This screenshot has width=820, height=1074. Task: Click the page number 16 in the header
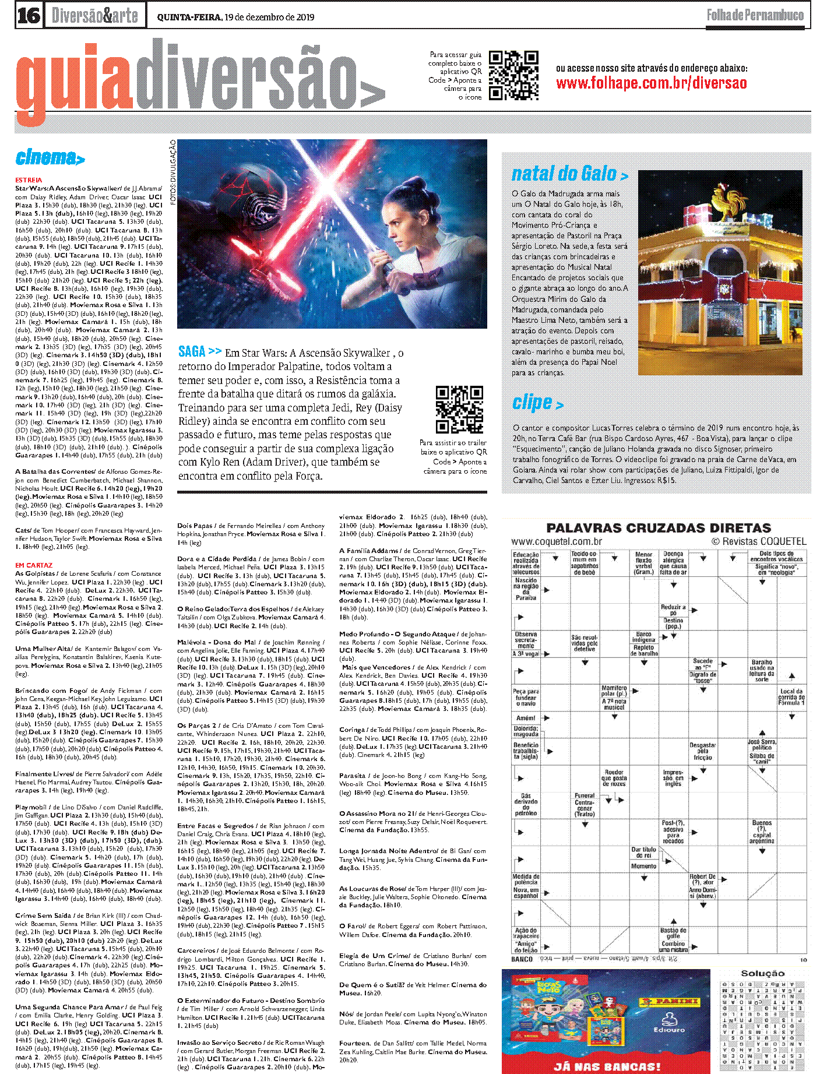pos(29,15)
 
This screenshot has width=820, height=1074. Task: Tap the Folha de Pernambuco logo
pos(755,15)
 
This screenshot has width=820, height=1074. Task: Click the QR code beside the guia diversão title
pos(513,76)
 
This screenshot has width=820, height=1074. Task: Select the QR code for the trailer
pos(459,409)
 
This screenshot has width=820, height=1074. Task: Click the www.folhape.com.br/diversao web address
pos(651,83)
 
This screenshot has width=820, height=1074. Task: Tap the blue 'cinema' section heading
pos(50,157)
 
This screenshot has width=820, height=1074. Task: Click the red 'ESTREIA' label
pos(29,180)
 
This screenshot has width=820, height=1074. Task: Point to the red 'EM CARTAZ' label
pos(34,565)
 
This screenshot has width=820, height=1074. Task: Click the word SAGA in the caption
pos(192,351)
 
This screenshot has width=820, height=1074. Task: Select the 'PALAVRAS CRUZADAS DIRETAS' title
pos(659,528)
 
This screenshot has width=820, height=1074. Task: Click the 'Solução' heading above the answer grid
pos(762,973)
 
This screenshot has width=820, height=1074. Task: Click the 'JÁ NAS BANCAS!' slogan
pos(607,1066)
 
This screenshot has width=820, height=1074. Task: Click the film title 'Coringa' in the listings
pos(352,730)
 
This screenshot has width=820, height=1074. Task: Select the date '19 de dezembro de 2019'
pos(269,17)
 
